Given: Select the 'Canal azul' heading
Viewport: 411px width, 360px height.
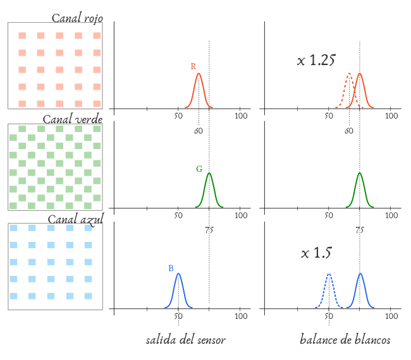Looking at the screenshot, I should [75, 219].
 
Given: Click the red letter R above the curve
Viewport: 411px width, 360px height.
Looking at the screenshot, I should [193, 66].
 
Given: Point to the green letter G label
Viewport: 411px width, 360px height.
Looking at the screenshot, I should [199, 169].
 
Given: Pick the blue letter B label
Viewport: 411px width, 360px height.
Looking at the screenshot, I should [171, 268].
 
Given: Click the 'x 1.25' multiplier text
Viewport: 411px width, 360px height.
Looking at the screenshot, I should [316, 61].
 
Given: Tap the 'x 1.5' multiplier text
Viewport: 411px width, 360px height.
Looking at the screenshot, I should [316, 253].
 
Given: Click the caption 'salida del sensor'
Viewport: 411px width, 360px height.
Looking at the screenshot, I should [185, 340].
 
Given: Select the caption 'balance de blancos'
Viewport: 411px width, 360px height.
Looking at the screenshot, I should [345, 340].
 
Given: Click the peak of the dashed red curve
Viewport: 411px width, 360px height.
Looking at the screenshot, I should [349, 74].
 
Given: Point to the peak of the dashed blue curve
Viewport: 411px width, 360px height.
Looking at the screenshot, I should [329, 274].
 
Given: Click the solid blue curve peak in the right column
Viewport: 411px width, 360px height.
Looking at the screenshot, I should [360, 273].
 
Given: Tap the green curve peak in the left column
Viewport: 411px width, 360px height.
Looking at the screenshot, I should [209, 173].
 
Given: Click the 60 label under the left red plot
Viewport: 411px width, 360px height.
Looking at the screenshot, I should [198, 131].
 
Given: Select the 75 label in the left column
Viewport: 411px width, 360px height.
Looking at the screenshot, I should [209, 231].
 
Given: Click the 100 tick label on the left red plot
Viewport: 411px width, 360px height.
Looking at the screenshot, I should [241, 116].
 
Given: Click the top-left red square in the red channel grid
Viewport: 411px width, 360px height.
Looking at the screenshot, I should [22, 35].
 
